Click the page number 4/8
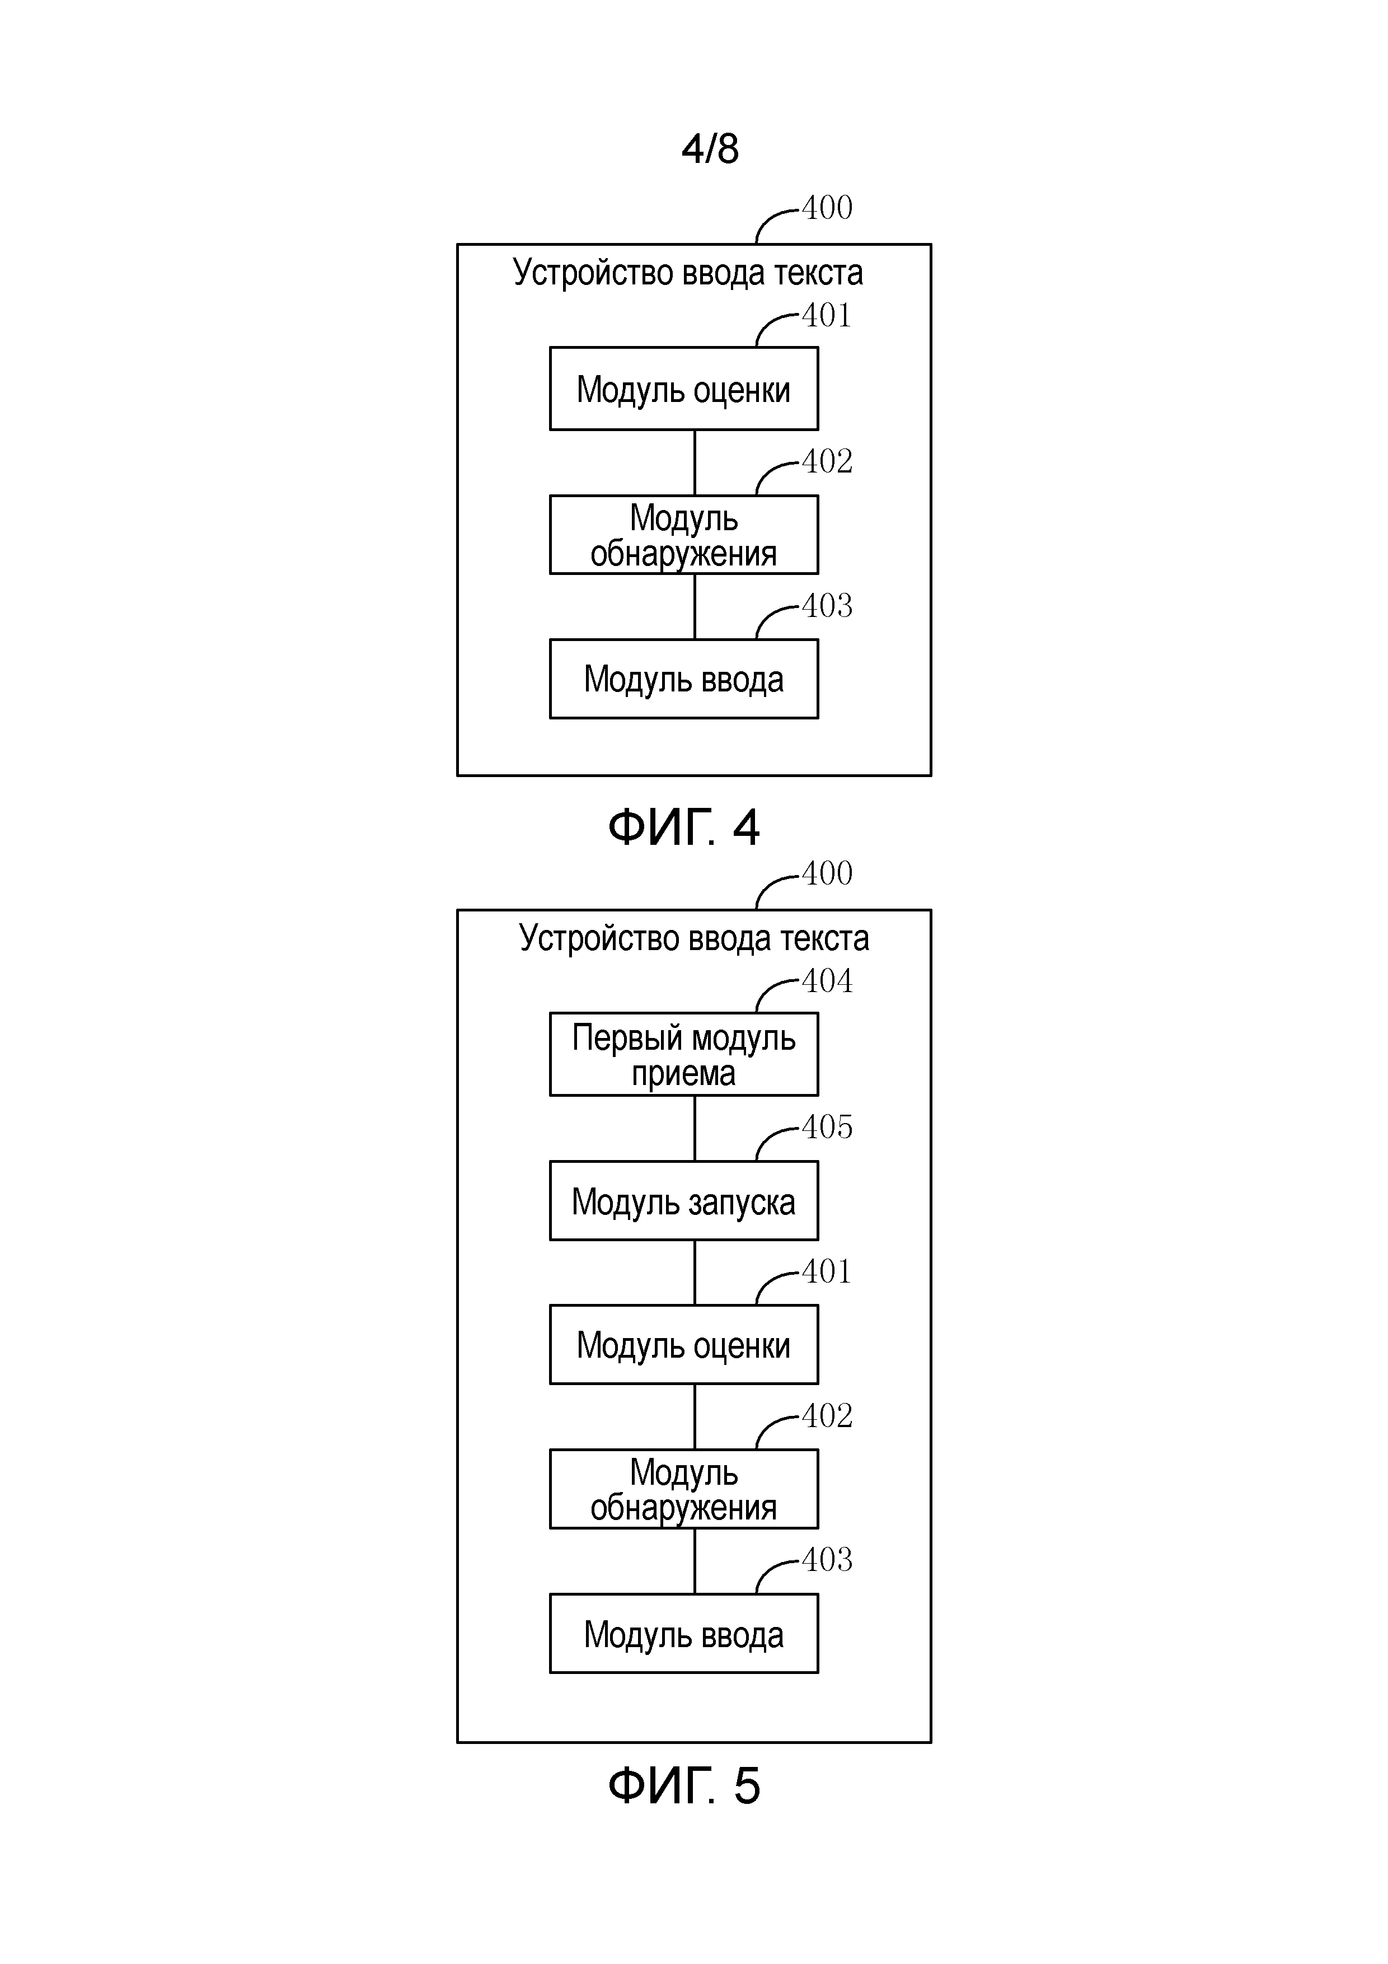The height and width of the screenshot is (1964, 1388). pos(710,149)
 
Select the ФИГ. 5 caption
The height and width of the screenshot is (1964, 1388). pos(683,1785)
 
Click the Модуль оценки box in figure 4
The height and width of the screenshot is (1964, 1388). pos(683,389)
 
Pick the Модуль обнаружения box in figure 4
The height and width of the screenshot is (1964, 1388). pos(683,535)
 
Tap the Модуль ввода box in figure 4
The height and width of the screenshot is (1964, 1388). pos(683,679)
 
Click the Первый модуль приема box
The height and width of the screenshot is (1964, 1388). pos(683,1054)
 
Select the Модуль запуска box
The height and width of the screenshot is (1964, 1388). pos(683,1200)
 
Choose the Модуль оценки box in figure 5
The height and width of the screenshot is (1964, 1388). pos(683,1345)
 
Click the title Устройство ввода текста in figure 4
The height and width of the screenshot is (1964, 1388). pos(688,273)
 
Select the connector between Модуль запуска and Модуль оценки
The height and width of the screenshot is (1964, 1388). pos(695,1272)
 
